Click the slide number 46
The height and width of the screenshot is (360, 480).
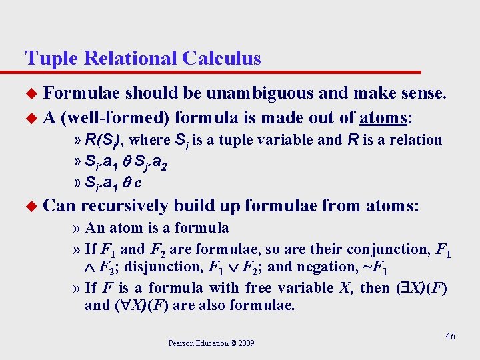450,336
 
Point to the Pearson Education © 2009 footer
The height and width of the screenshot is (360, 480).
211,343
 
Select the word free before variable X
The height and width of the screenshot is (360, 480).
263,288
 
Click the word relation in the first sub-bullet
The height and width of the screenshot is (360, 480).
415,140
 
